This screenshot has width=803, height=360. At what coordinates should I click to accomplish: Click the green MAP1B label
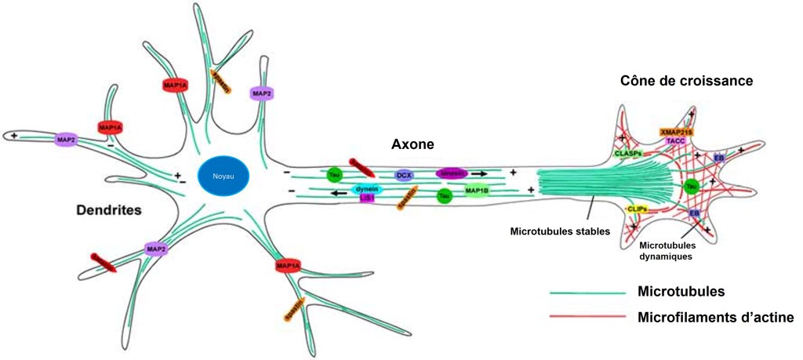(x=478, y=190)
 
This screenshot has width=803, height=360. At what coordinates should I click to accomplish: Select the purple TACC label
(x=676, y=140)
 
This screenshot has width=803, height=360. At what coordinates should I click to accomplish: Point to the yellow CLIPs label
(x=637, y=209)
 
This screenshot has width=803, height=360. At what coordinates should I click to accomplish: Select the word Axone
(x=413, y=144)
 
